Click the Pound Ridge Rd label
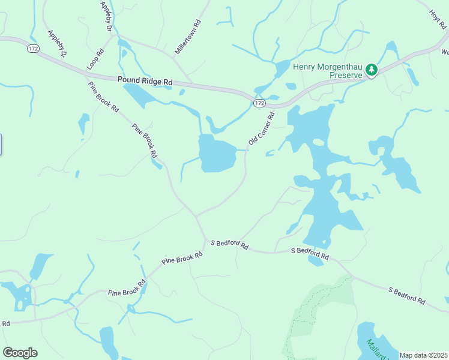[x=145, y=81]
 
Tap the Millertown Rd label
[x=187, y=38]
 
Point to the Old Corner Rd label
[x=261, y=128]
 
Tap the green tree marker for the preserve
[x=372, y=70]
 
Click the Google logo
[x=20, y=353]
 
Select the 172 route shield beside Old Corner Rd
[x=259, y=103]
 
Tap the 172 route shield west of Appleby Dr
[x=32, y=47]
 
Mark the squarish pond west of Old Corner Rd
[x=216, y=153]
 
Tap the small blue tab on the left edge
[x=1, y=145]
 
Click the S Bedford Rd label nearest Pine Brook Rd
[x=229, y=244]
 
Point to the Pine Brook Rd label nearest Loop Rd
[x=104, y=98]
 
